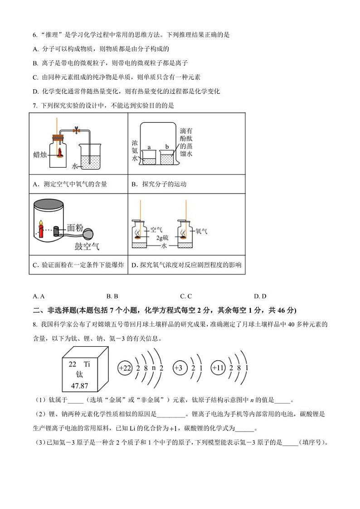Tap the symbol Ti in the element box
(x=87, y=364)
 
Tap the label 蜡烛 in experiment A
(x=42, y=154)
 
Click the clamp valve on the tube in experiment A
(x=77, y=131)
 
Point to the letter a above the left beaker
(x=149, y=148)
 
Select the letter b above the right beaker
(x=167, y=147)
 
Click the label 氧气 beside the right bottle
(x=201, y=231)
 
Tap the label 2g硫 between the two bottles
(x=162, y=238)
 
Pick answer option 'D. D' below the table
(x=260, y=296)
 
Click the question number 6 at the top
(x=34, y=34)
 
